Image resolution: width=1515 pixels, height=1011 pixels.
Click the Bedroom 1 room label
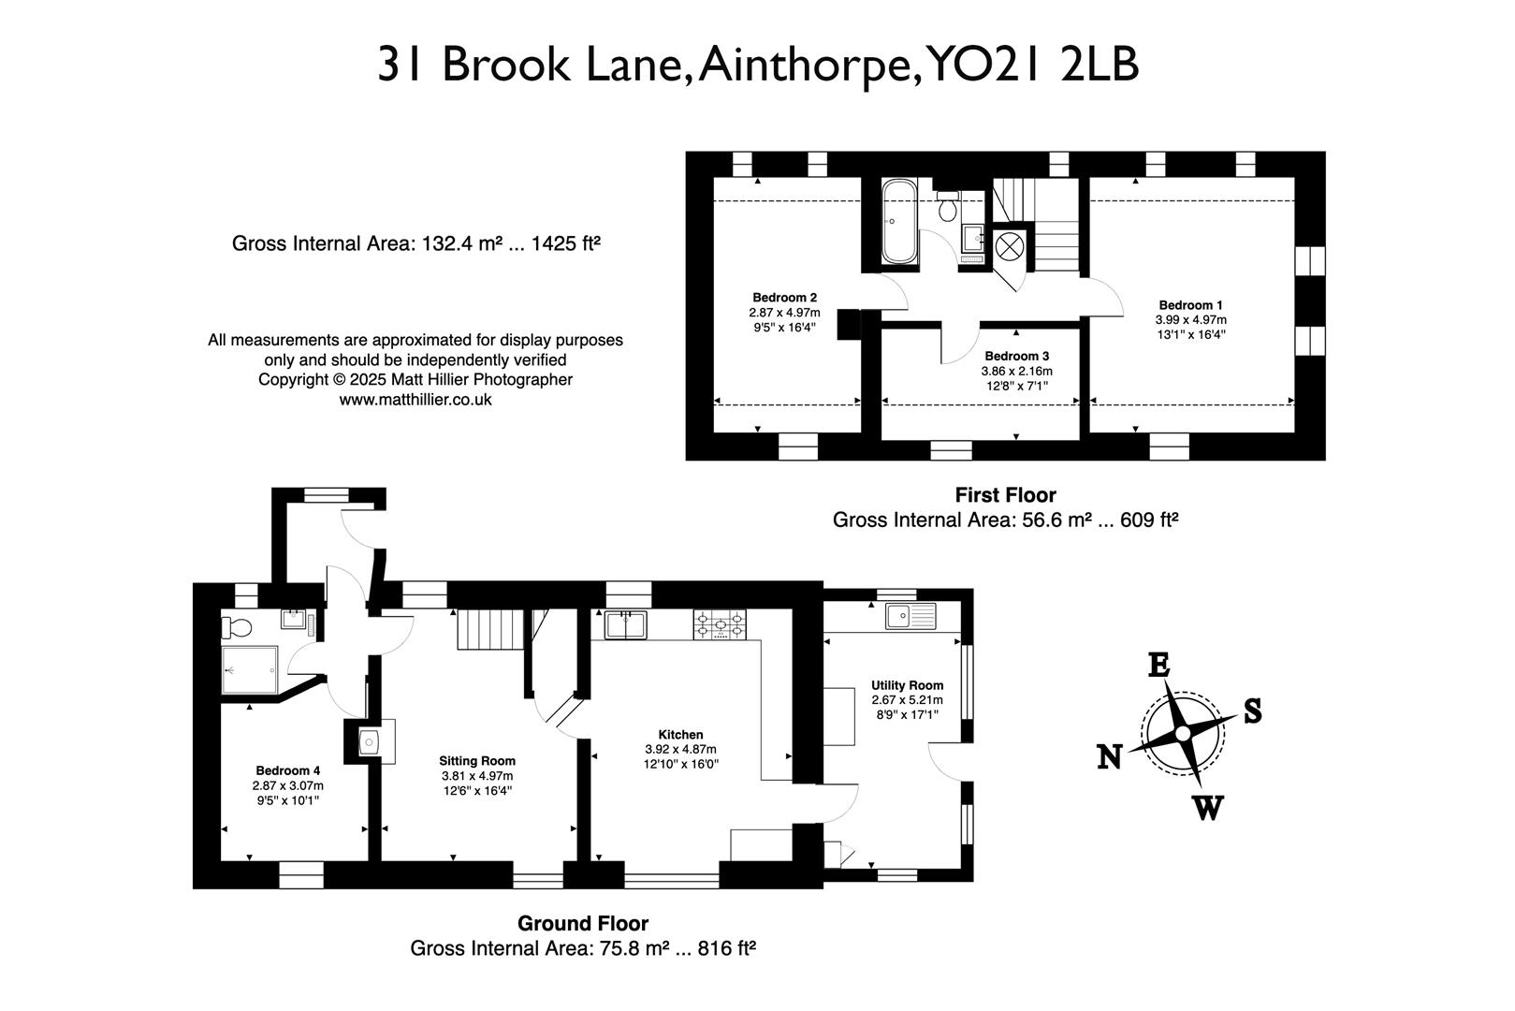(x=1190, y=305)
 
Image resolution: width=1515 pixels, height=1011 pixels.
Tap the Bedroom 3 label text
(x=1016, y=357)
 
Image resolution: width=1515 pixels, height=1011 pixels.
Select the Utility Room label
(x=907, y=685)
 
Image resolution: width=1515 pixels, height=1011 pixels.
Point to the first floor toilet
(x=948, y=206)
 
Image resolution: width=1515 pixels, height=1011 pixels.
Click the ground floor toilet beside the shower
(x=234, y=626)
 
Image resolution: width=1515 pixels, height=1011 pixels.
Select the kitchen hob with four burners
(x=720, y=624)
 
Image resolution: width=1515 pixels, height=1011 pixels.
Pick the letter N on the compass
(x=1110, y=756)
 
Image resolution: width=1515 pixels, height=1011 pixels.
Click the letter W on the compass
(x=1207, y=807)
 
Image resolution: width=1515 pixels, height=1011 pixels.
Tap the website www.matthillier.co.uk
(x=415, y=400)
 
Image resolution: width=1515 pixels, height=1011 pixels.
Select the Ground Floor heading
(x=582, y=924)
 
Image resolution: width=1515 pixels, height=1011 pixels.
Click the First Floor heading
(x=1005, y=495)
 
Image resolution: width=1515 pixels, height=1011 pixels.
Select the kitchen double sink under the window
(x=626, y=623)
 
